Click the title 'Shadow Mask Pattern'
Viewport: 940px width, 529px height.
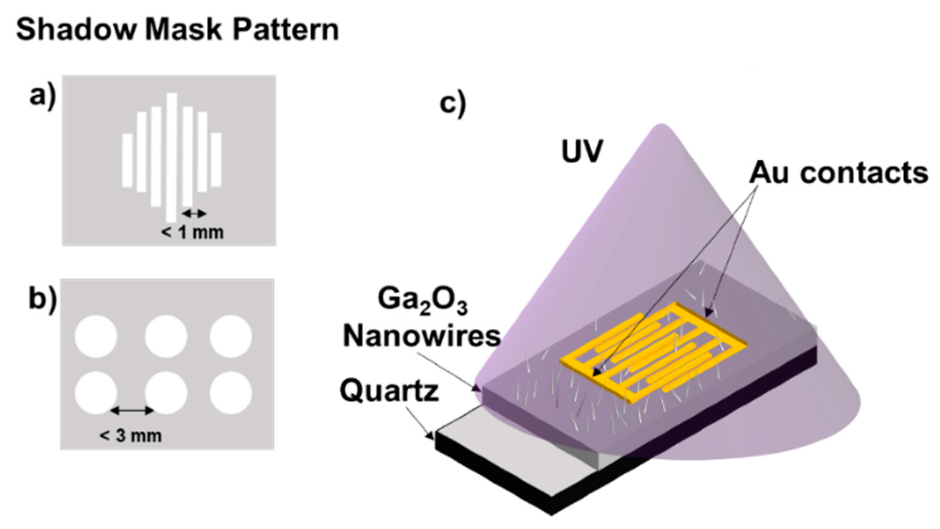tap(177, 29)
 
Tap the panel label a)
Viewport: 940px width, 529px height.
tap(42, 97)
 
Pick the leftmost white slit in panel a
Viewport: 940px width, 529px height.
tap(127, 160)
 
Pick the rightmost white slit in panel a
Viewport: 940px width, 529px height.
tap(216, 159)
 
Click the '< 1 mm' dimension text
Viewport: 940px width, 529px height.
tap(192, 232)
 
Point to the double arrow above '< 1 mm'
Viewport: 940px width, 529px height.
tap(194, 214)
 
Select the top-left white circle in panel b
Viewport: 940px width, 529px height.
tap(96, 336)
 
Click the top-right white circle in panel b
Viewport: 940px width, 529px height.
tap(231, 336)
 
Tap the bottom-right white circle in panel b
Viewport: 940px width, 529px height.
tap(231, 393)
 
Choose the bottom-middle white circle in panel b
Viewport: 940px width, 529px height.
tap(165, 393)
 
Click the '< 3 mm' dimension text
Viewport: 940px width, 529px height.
tap(131, 435)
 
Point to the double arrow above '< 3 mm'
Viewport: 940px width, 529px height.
tap(132, 411)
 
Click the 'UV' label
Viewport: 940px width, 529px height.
tap(582, 151)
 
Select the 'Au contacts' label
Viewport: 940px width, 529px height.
tap(838, 173)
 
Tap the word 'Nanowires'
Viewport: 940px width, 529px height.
tap(421, 336)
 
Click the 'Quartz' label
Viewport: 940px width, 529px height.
tap(389, 391)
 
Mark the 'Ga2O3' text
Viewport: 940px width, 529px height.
tap(422, 300)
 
